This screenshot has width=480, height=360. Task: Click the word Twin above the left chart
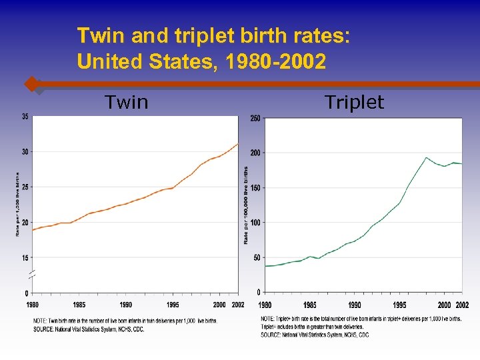pyautogui.click(x=127, y=102)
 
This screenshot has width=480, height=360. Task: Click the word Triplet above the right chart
pyautogui.click(x=354, y=102)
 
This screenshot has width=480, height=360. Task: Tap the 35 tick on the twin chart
pyautogui.click(x=25, y=117)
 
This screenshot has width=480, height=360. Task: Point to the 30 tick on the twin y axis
pyautogui.click(x=25, y=152)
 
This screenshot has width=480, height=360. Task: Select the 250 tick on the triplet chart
pyautogui.click(x=255, y=119)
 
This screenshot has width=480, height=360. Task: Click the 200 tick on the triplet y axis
pyautogui.click(x=255, y=153)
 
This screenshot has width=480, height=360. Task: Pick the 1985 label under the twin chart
pyautogui.click(x=79, y=305)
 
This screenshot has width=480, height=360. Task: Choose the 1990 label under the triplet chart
pyautogui.click(x=354, y=305)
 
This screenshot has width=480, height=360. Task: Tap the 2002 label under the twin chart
pyautogui.click(x=237, y=305)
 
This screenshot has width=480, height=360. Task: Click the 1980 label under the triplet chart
pyautogui.click(x=265, y=305)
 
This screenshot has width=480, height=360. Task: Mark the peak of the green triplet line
pyautogui.click(x=426, y=158)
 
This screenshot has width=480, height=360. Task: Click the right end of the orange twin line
pyautogui.click(x=237, y=144)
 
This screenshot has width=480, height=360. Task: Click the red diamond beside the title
pyautogui.click(x=31, y=84)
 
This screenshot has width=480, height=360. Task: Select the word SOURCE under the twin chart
pyautogui.click(x=45, y=329)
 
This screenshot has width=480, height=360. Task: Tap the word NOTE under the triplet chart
pyautogui.click(x=268, y=319)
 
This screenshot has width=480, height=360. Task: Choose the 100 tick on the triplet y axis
pyautogui.click(x=255, y=223)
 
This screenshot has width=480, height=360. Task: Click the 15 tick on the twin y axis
pyautogui.click(x=25, y=257)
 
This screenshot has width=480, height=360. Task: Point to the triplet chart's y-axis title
pyautogui.click(x=246, y=205)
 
